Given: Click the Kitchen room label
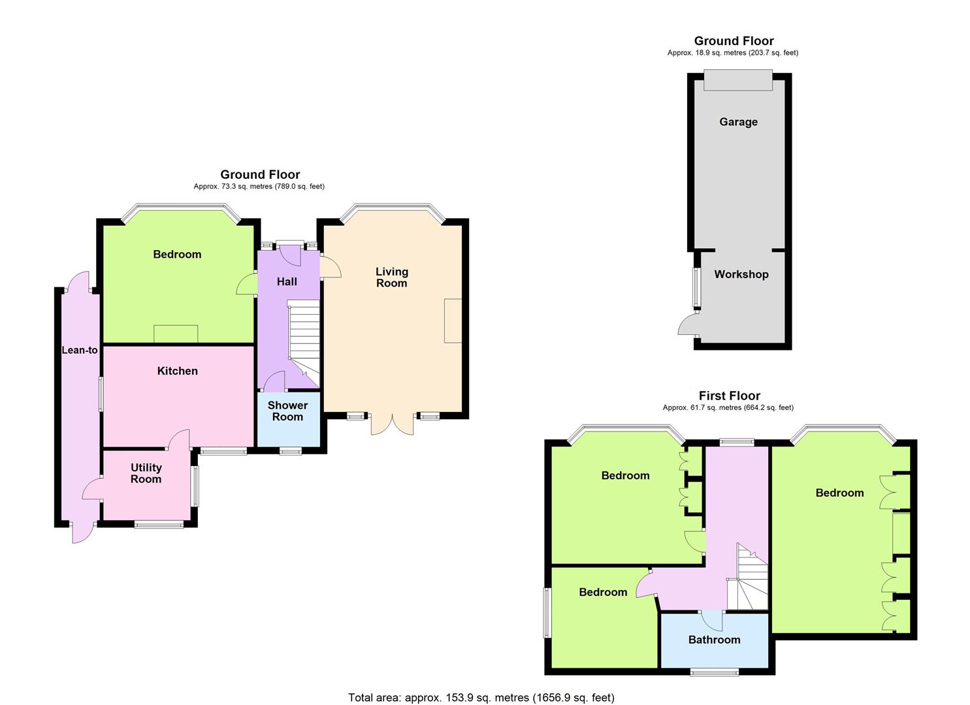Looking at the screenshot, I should [x=177, y=371].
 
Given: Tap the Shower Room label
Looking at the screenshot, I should [x=287, y=411].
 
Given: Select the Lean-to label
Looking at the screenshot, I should [x=80, y=350].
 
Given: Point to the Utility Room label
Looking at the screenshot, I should [x=146, y=473].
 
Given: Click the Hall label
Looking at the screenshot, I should [x=287, y=281].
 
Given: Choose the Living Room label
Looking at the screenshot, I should [x=391, y=277].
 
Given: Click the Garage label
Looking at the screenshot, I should [x=738, y=122].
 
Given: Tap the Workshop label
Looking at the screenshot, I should [x=741, y=274].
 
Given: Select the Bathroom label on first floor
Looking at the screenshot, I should [x=714, y=640].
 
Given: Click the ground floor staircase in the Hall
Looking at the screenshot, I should [x=304, y=339].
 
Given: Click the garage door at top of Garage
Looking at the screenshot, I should [x=738, y=80].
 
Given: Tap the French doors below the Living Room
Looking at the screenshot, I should [x=393, y=424].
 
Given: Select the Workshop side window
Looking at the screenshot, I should [x=696, y=287].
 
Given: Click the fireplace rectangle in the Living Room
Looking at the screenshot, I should [x=453, y=321].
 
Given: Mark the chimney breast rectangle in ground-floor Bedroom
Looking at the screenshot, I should [x=176, y=334].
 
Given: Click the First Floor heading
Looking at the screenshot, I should [x=729, y=396].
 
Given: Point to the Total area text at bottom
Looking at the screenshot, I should [x=481, y=698].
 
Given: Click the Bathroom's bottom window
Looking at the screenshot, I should [x=715, y=671].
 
